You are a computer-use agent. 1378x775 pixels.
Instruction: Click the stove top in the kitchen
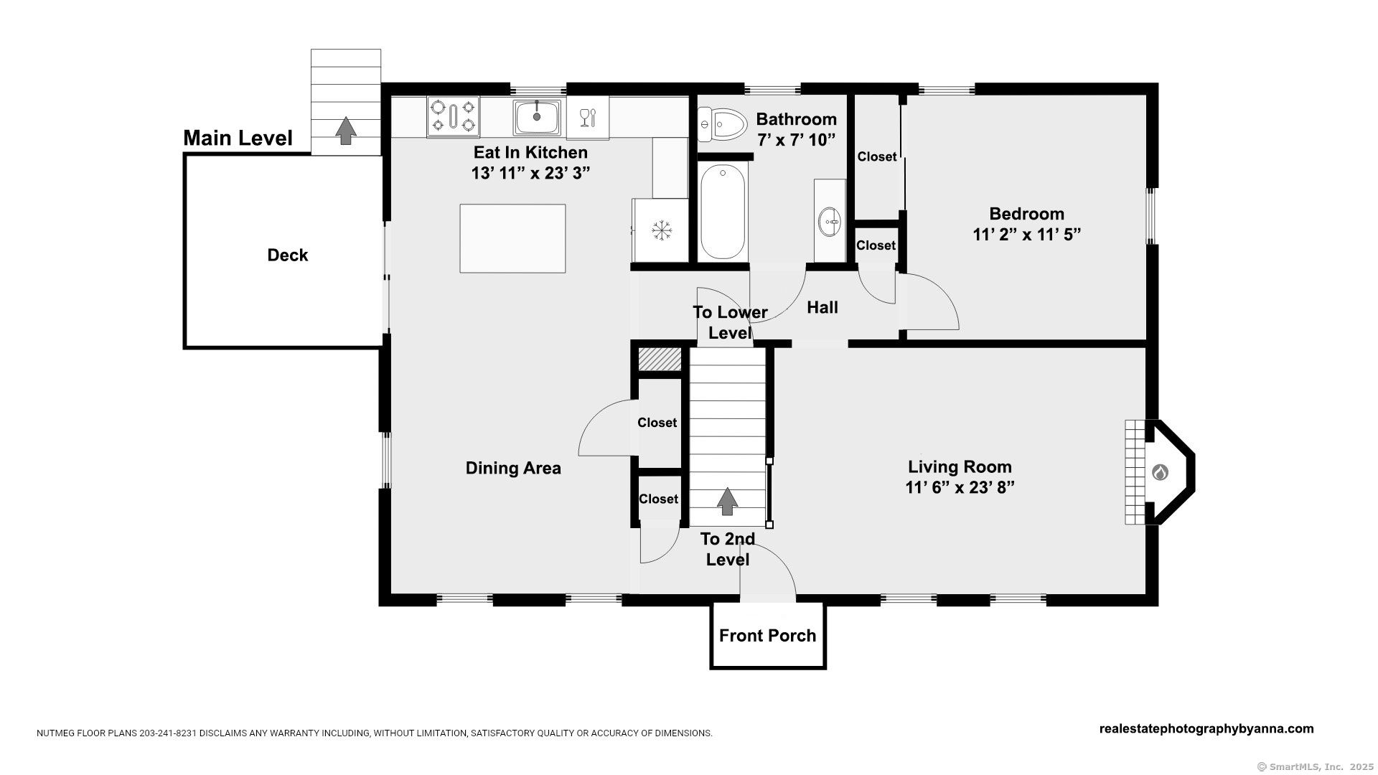tap(453, 116)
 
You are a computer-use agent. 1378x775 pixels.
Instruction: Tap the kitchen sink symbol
tap(537, 117)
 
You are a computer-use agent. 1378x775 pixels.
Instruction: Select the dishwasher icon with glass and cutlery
tap(588, 117)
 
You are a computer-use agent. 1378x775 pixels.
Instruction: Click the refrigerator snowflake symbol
tap(661, 230)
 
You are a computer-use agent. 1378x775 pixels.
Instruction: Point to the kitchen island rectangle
tap(512, 238)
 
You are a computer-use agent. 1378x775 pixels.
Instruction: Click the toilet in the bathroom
tap(723, 125)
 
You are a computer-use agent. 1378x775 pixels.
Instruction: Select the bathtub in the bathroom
tap(723, 212)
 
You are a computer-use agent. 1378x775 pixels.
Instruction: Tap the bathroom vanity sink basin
tap(830, 220)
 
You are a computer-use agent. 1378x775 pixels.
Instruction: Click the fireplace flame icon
tap(1160, 472)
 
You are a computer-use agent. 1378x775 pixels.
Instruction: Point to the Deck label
tap(288, 255)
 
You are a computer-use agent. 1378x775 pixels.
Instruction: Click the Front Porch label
tap(767, 635)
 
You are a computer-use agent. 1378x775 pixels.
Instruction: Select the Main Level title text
tap(238, 138)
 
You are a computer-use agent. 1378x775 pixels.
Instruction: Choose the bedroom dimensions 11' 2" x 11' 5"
tap(1027, 235)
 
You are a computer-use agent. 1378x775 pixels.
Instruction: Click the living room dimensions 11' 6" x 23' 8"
tap(960, 487)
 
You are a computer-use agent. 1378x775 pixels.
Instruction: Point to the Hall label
tap(822, 307)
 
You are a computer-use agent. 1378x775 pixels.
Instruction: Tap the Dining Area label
tap(513, 468)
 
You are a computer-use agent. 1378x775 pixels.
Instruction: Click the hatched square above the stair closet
tap(660, 360)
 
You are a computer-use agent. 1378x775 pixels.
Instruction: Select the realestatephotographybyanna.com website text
tap(1206, 728)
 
